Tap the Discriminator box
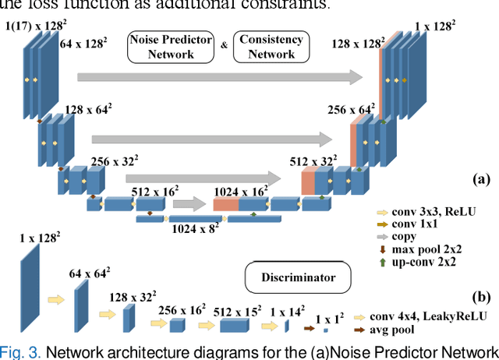pos(292,276)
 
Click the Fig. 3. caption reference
pos(19,351)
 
